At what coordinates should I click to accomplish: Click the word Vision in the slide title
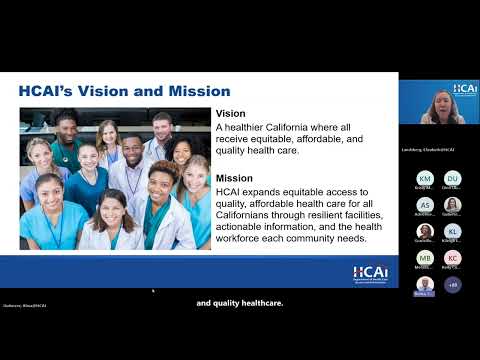click(x=99, y=92)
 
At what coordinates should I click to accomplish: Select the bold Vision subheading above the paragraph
click(x=231, y=114)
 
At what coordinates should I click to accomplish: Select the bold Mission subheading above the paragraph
click(x=235, y=177)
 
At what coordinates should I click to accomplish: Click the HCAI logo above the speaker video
click(x=465, y=89)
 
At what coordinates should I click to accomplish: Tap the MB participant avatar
click(x=425, y=258)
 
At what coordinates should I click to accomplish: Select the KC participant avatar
click(x=453, y=258)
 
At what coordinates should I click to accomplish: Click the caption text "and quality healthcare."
click(x=240, y=302)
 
